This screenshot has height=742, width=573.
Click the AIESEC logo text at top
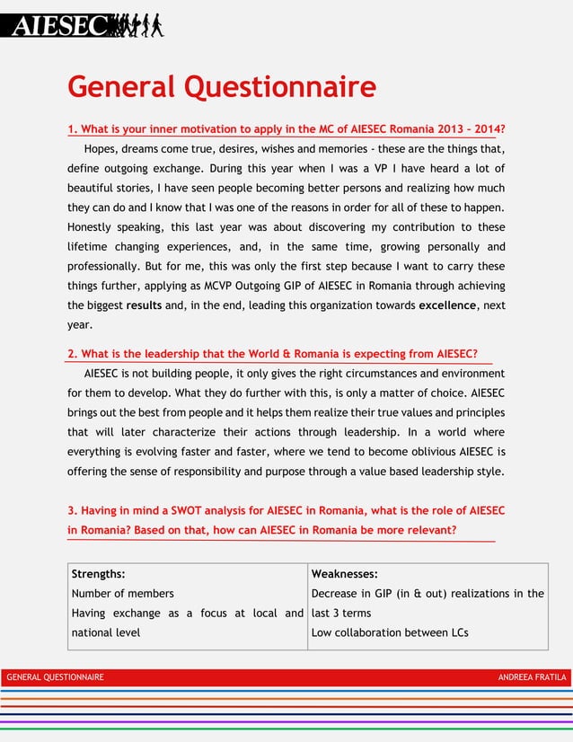coord(58,25)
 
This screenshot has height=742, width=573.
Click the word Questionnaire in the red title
coord(280,87)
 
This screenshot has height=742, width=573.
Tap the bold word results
coord(145,305)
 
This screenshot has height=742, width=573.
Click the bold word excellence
coord(448,305)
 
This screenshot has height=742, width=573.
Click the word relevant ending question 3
coord(427,530)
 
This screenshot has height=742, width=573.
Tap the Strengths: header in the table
coord(98,573)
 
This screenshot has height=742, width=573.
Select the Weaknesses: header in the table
coord(344,573)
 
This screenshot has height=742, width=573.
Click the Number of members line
coord(122,593)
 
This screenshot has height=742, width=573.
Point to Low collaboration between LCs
coord(389,632)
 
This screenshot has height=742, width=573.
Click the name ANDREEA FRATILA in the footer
coord(532,676)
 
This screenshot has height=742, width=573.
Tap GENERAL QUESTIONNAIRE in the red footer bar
coord(55,676)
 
